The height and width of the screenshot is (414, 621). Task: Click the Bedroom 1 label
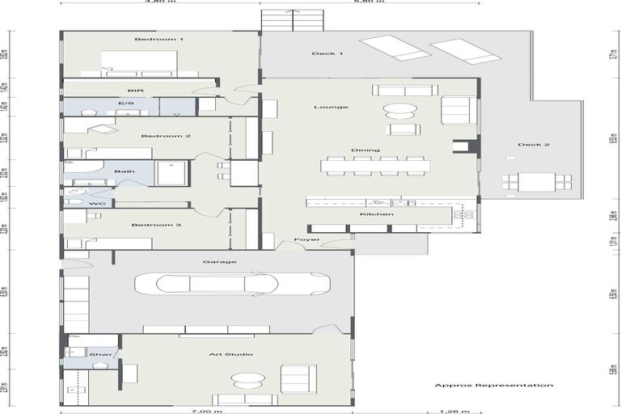coord(159,39)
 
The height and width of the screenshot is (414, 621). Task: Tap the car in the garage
coord(232,283)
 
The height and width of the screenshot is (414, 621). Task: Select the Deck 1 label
coord(327,54)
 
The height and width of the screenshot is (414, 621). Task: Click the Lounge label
coord(331,107)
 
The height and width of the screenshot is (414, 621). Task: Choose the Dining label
coord(360,150)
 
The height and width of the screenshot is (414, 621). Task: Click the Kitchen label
coord(377,214)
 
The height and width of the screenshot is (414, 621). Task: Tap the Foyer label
coord(306,240)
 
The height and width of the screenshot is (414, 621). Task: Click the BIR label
coord(135,91)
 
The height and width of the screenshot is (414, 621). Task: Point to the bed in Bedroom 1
coord(138,62)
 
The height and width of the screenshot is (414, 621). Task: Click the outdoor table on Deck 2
coord(536,182)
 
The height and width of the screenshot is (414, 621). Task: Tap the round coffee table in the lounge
coord(400,109)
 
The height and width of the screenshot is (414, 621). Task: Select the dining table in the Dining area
coord(375,166)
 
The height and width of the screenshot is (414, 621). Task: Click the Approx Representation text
coord(493,386)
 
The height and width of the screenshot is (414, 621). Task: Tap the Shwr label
coord(95,354)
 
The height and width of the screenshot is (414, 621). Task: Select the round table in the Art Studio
coord(247,379)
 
